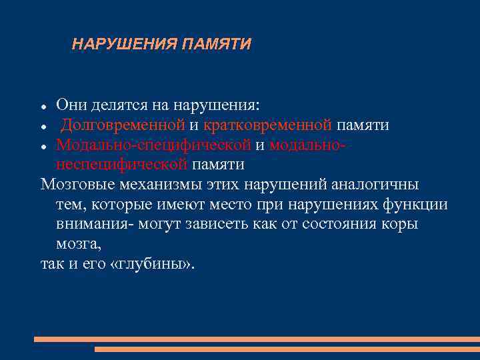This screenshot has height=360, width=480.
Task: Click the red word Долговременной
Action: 123,125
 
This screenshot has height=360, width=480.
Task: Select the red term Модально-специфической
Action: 153,145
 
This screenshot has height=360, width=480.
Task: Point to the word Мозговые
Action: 73,184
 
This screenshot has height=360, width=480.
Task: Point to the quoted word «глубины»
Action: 151,263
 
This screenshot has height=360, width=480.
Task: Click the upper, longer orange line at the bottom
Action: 257,339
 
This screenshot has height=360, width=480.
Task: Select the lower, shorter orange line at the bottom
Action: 287,349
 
